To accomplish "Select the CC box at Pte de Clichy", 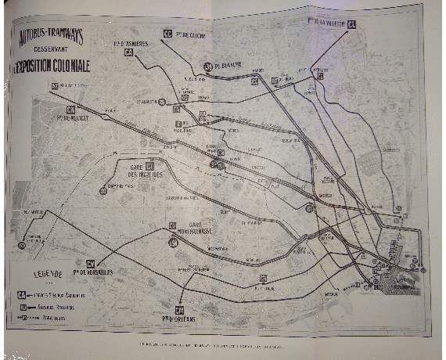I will [167, 34].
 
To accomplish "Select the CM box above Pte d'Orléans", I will [179, 308].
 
